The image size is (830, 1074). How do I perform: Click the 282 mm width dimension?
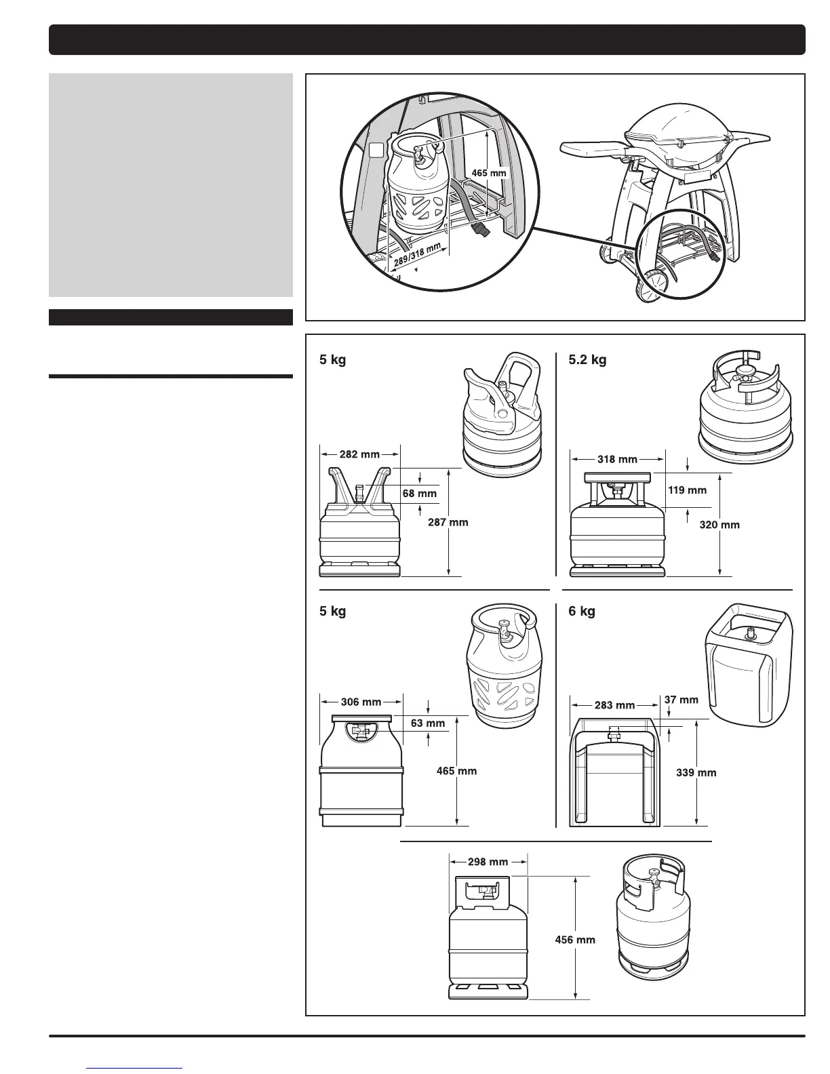pyautogui.click(x=360, y=454)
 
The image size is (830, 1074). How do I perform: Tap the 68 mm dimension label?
pyautogui.click(x=419, y=494)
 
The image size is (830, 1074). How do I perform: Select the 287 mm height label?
pyautogui.click(x=449, y=522)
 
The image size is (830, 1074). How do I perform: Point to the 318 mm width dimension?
pyautogui.click(x=617, y=459)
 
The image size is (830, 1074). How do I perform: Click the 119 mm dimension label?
pyautogui.click(x=688, y=490)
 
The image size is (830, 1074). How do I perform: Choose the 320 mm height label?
pyautogui.click(x=719, y=525)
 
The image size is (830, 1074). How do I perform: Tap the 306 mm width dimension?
pyautogui.click(x=361, y=702)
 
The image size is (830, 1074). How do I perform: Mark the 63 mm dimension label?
pyautogui.click(x=428, y=723)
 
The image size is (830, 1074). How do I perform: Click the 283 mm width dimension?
pyautogui.click(x=614, y=705)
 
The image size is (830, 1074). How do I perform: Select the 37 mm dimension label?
pyautogui.click(x=681, y=700)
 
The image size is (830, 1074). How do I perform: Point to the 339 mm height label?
pyautogui.click(x=696, y=772)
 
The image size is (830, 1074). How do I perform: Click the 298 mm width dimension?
pyautogui.click(x=488, y=862)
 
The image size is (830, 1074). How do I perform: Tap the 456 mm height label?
pyautogui.click(x=575, y=940)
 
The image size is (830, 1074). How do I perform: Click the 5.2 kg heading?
pyautogui.click(x=587, y=359)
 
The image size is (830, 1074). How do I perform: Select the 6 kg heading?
pyautogui.click(x=582, y=611)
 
